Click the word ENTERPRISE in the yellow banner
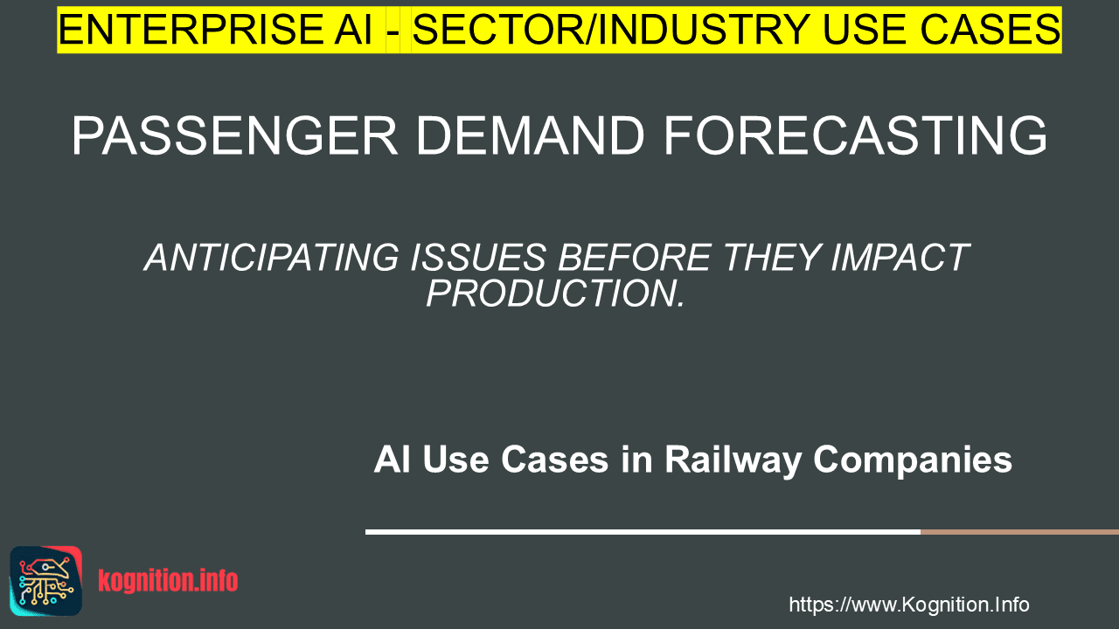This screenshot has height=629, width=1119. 190,30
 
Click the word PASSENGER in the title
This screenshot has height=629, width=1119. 235,135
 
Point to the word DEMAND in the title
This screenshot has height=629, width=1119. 530,135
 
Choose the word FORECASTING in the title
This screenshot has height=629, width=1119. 855,135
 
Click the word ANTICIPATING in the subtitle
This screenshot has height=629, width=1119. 272,258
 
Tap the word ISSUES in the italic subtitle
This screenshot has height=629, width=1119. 477,258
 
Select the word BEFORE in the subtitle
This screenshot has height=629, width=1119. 635,258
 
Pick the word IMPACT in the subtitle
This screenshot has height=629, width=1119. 900,258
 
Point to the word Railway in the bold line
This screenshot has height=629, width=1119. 733,460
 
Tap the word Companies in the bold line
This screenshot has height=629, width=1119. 913,460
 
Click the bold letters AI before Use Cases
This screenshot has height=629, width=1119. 393,460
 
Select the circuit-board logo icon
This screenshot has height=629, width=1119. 46,581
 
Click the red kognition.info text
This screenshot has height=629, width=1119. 168,581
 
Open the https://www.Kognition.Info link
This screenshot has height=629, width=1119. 909,605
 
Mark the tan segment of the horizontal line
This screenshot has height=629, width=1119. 1019,532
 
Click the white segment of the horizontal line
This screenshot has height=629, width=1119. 643,532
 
